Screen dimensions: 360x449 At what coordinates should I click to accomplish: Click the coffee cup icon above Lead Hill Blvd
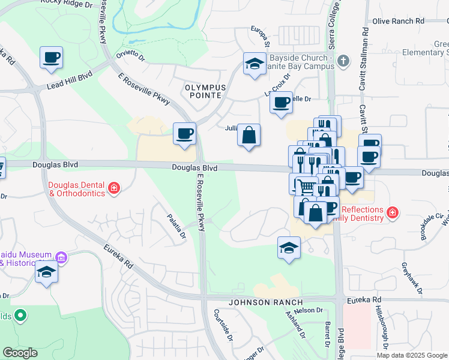52,58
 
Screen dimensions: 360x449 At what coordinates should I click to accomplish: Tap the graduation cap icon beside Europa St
255,64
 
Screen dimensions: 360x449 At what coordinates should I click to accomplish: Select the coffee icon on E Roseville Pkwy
184,133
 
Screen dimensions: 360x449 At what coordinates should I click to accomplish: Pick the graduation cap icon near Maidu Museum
46,272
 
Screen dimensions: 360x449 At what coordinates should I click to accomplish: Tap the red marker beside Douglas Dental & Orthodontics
113,190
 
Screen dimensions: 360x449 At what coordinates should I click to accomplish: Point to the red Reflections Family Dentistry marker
393,212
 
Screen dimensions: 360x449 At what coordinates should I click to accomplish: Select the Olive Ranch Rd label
398,21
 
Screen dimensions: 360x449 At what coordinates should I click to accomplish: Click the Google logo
20,353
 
